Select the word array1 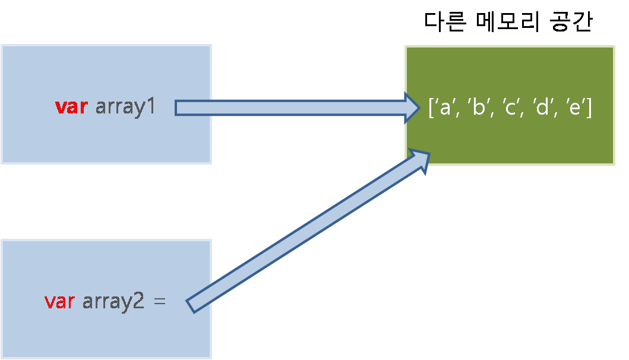point(125,108)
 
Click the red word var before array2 point(59,301)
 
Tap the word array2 point(113,302)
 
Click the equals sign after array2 point(159,302)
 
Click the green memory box point(510,143)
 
